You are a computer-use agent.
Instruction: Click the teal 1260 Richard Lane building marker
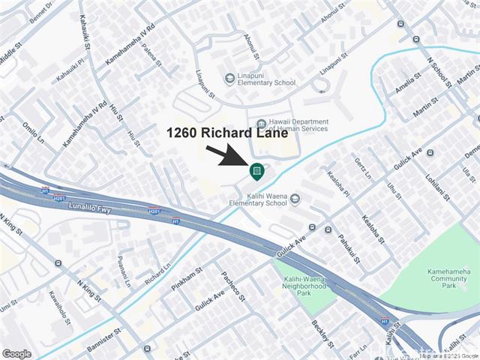coord(256,172)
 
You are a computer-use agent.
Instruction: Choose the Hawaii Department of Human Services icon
coord(261,124)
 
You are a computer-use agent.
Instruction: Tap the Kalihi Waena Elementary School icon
coord(295,199)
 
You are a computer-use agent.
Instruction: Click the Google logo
coord(16,353)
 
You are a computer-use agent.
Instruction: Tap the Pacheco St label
coord(233,286)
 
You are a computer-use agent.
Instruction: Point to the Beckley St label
coord(322,334)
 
